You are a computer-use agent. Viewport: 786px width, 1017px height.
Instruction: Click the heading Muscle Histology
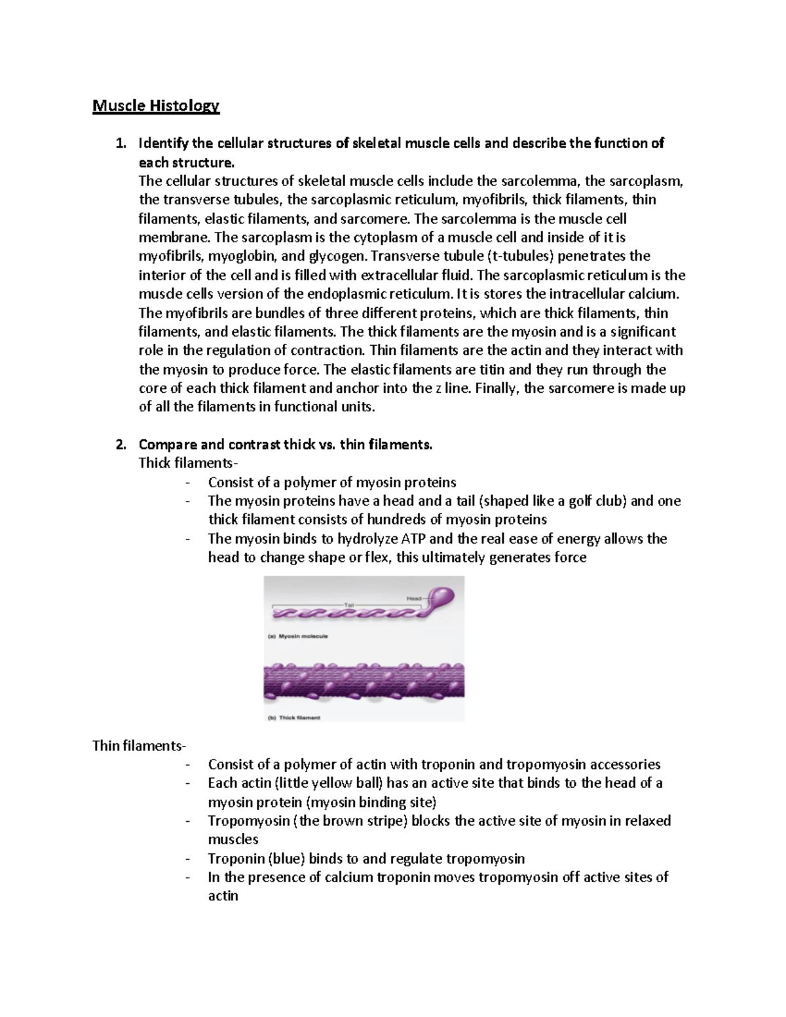pos(156,106)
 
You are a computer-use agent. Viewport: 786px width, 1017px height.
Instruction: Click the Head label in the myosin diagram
pos(414,598)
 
